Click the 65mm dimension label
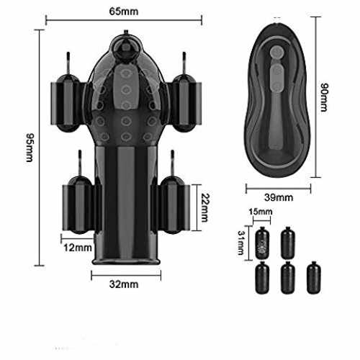pos(124,12)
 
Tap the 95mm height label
pos(30,148)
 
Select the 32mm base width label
pos(124,284)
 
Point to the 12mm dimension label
pos(78,248)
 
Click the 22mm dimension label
pos(204,208)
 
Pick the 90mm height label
pos(324,97)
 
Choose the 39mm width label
pos(279,197)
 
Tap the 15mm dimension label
pos(261,212)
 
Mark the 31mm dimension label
pos(241,243)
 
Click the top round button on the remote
pos(276,53)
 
